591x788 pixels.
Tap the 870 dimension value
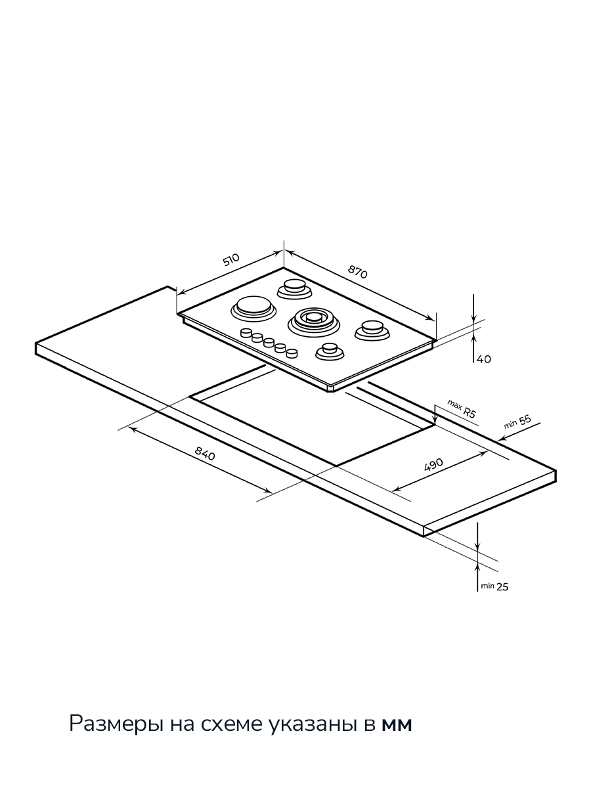(357, 272)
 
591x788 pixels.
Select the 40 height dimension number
(484, 359)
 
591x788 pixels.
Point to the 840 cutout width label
(205, 453)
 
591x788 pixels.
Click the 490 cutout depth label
(434, 465)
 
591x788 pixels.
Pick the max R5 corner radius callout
(462, 409)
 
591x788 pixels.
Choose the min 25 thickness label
(494, 586)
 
